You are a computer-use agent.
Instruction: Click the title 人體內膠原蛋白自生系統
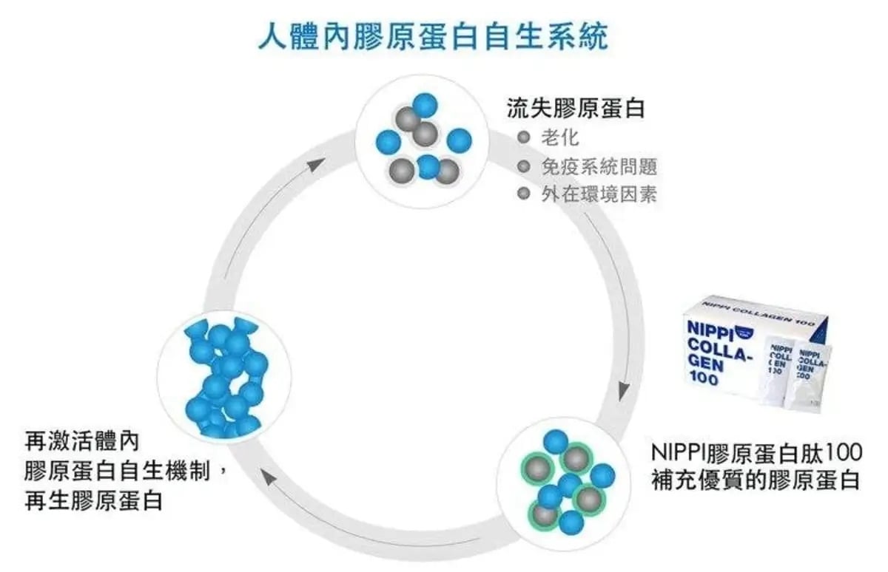click(x=433, y=35)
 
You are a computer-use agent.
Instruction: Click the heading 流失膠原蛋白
click(x=576, y=109)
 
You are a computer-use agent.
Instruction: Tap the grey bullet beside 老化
click(x=525, y=137)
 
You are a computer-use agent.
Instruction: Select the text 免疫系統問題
click(x=599, y=166)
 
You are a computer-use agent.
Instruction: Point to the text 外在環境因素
click(x=599, y=194)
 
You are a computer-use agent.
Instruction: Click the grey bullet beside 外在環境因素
click(x=525, y=194)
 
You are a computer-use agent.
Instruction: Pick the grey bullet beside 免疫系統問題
click(x=525, y=166)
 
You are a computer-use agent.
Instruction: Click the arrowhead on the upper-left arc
click(x=317, y=163)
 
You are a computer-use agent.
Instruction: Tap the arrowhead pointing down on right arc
click(x=626, y=390)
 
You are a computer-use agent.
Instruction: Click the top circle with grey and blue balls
click(x=423, y=140)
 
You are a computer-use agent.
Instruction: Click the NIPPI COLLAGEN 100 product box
click(x=747, y=347)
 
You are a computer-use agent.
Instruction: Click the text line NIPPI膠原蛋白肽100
click(x=756, y=451)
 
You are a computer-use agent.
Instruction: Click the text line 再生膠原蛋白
click(x=93, y=501)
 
